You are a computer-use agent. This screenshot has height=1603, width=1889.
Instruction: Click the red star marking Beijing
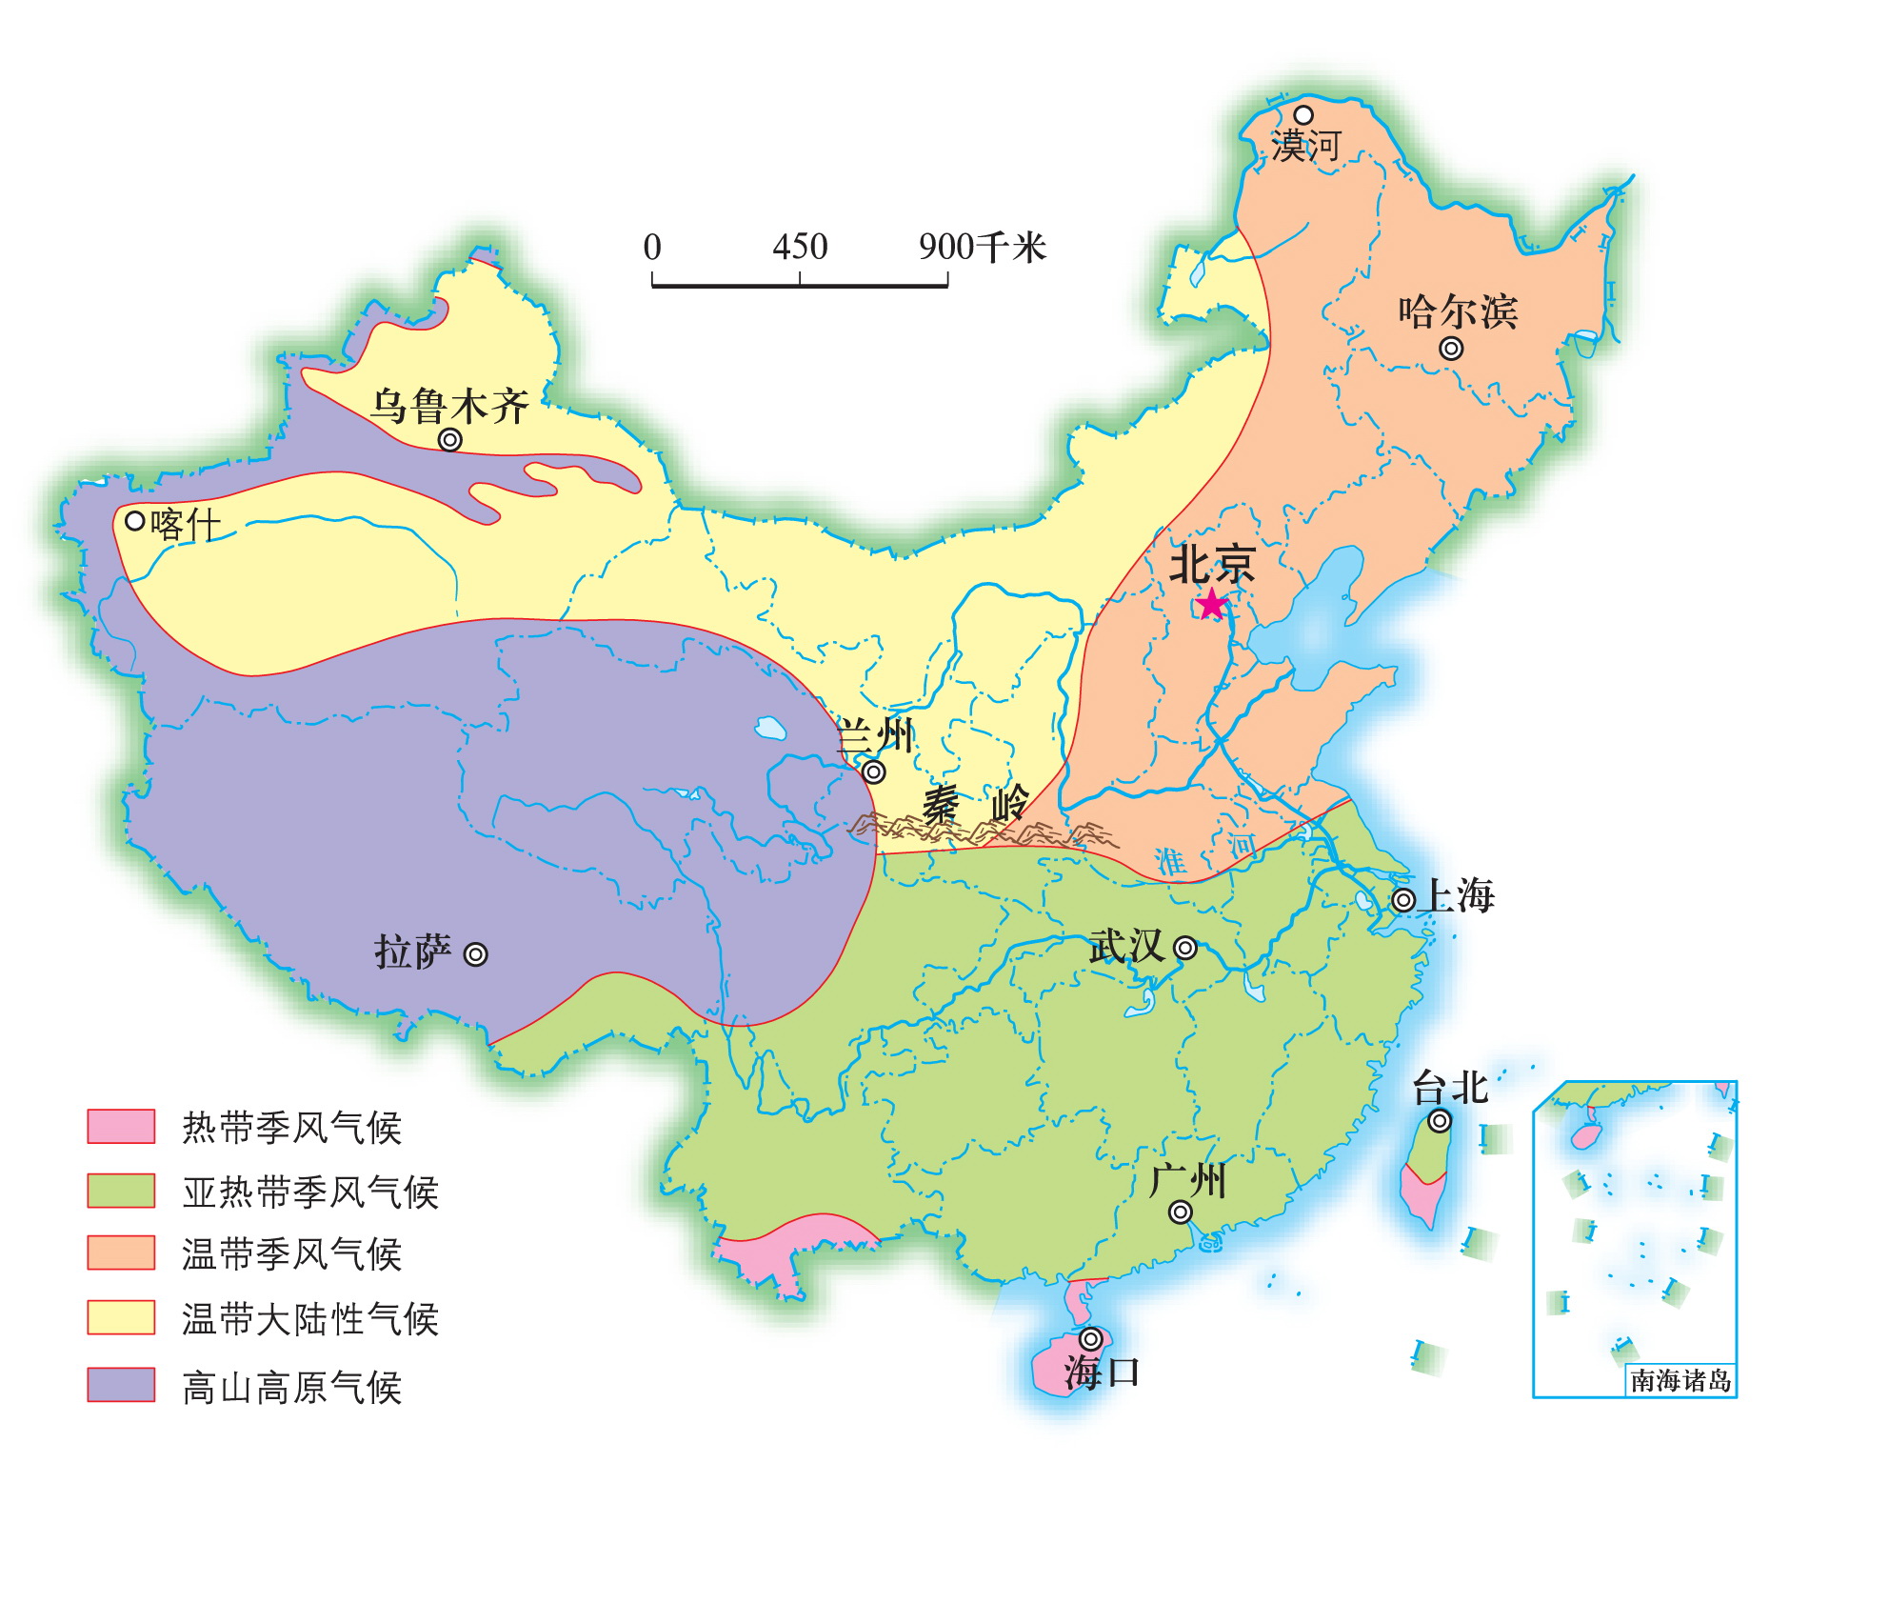(x=1211, y=604)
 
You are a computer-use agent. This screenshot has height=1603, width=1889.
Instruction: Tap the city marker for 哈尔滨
(x=1451, y=349)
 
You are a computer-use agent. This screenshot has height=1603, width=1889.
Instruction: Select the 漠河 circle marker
(x=1302, y=115)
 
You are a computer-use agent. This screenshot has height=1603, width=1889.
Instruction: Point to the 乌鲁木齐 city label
(x=449, y=406)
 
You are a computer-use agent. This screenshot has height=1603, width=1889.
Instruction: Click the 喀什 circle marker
(x=135, y=521)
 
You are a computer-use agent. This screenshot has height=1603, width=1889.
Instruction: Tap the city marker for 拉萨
(x=475, y=954)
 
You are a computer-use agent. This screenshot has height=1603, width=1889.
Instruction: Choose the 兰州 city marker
(x=873, y=771)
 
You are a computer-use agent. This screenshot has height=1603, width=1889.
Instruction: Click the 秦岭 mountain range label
(x=976, y=805)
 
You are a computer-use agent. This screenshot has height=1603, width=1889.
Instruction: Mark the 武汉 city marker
(x=1185, y=948)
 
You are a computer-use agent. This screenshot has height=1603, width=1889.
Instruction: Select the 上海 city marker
(x=1403, y=899)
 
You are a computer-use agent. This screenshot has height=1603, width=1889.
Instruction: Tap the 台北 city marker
(x=1440, y=1121)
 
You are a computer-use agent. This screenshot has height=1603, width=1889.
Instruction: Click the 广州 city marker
(x=1181, y=1212)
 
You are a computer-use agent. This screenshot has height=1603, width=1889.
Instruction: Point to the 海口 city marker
(x=1091, y=1339)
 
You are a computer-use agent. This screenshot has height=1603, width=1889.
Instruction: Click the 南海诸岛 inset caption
(x=1680, y=1380)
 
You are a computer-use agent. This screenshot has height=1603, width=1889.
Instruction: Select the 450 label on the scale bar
(x=800, y=247)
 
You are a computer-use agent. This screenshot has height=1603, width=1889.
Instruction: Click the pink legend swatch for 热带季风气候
(x=121, y=1126)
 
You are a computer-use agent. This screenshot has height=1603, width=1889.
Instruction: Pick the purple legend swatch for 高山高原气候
(x=121, y=1385)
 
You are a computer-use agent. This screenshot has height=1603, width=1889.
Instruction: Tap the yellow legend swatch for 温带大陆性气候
(x=121, y=1317)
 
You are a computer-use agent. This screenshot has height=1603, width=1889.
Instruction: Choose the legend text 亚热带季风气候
(x=310, y=1192)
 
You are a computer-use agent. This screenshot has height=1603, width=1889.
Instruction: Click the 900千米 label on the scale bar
(x=982, y=247)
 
